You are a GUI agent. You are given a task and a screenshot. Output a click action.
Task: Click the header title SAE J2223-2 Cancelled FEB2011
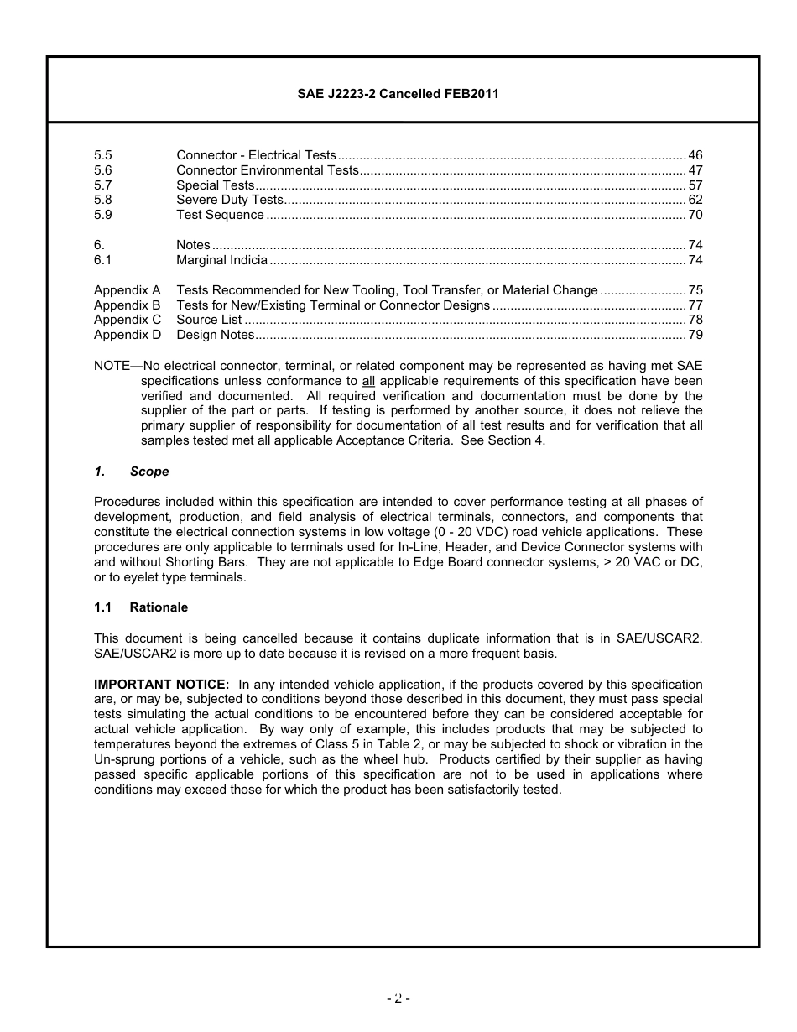(x=398, y=94)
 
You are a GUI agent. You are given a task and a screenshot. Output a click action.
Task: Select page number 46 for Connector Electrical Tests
(x=695, y=155)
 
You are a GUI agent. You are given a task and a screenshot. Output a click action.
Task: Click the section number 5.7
(x=103, y=185)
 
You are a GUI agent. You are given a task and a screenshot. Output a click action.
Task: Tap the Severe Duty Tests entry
(x=229, y=200)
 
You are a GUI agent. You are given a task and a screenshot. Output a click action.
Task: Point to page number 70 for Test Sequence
(x=695, y=215)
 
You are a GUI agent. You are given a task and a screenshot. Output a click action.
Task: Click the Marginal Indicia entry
(x=221, y=260)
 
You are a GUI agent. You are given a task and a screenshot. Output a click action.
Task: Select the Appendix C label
(x=128, y=320)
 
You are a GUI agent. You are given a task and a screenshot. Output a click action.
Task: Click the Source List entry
(x=209, y=320)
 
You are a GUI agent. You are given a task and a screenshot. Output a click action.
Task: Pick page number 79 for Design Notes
(x=695, y=335)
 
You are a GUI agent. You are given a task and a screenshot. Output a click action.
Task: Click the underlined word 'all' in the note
(x=367, y=381)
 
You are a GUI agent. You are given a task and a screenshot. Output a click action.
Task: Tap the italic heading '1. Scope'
(x=132, y=472)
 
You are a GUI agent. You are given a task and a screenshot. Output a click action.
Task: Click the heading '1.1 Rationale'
(x=141, y=607)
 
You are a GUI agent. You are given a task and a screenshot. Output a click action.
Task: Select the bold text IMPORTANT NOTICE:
(x=161, y=685)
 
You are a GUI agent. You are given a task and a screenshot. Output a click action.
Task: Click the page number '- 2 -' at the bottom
(x=398, y=998)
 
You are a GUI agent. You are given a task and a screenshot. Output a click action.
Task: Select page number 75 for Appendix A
(x=695, y=290)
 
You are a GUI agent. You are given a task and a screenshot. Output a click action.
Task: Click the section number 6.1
(x=103, y=260)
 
